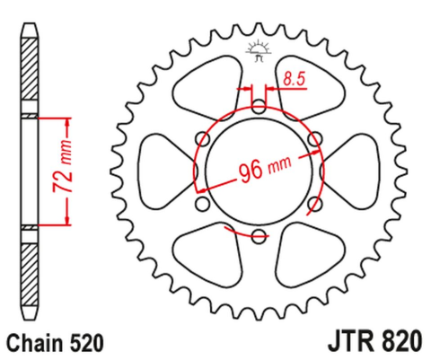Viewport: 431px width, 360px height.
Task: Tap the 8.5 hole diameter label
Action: click(x=293, y=79)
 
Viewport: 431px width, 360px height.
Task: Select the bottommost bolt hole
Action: click(x=259, y=236)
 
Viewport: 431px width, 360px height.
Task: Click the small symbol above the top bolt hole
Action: click(x=259, y=50)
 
